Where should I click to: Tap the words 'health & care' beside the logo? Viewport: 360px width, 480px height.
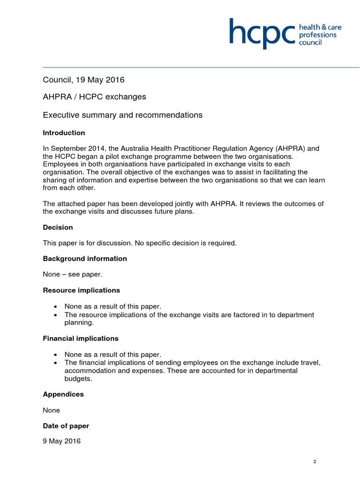[320, 27]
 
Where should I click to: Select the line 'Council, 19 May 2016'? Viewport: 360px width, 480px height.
[83, 80]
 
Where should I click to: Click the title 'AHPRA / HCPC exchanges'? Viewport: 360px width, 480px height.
[94, 97]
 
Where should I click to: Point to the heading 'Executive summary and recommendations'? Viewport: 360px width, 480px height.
[122, 115]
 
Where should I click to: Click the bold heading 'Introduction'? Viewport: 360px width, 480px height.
[64, 133]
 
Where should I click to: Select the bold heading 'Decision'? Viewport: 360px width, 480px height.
[58, 227]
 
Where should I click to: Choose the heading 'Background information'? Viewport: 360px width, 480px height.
[85, 259]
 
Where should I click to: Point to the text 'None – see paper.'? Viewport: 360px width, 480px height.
[72, 275]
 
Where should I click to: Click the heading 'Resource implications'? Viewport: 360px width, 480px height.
[81, 290]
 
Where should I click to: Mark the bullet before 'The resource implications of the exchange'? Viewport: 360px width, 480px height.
[56, 315]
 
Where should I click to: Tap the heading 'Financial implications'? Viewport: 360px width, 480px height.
[81, 338]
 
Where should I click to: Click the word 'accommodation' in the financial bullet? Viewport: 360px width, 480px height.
[88, 371]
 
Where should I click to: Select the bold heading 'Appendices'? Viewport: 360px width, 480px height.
[63, 394]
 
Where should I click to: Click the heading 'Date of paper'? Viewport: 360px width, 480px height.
[66, 426]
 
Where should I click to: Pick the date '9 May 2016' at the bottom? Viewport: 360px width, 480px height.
[61, 442]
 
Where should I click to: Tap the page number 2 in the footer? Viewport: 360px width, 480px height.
[315, 462]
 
